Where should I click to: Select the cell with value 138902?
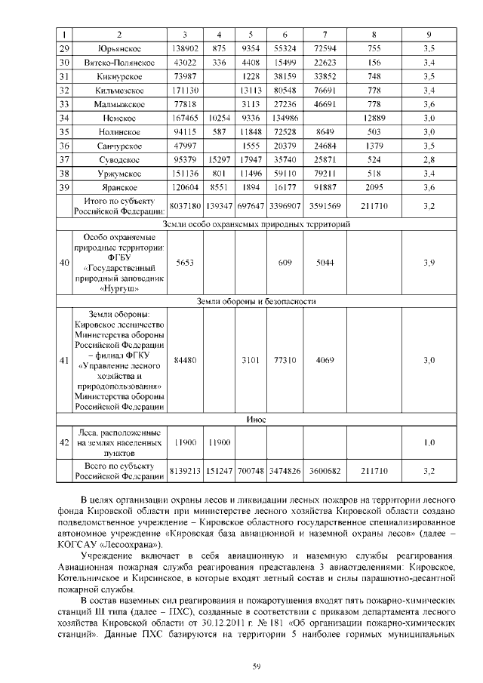coord(185,48)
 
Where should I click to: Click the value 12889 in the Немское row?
coord(374,118)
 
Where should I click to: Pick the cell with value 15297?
coord(220,160)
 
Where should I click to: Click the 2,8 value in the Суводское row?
coord(429,160)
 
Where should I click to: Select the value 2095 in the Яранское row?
coord(374,187)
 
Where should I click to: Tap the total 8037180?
coord(185,205)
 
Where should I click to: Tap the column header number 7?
coord(324,35)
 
